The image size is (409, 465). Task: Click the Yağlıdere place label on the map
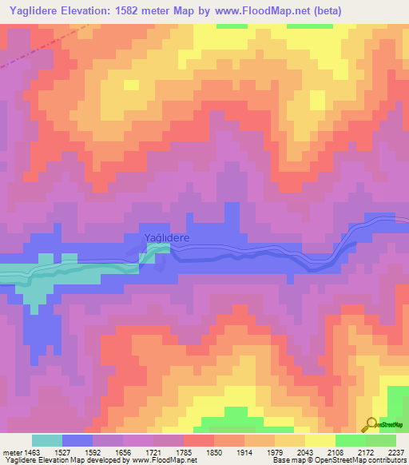click(166, 238)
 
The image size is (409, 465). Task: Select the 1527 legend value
click(62, 451)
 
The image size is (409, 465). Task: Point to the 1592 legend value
click(93, 451)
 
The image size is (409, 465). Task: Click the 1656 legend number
click(123, 451)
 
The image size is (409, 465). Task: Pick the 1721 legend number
click(153, 451)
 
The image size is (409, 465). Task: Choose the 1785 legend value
click(184, 451)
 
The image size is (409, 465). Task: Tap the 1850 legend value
click(214, 451)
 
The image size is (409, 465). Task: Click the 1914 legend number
click(244, 451)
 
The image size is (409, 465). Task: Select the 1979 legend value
click(275, 451)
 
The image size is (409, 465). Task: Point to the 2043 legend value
click(305, 451)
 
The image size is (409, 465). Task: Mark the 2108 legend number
click(336, 451)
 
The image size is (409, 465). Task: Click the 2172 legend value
click(366, 451)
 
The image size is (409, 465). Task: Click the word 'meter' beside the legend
click(11, 451)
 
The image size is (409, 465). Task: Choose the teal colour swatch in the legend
click(47, 440)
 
